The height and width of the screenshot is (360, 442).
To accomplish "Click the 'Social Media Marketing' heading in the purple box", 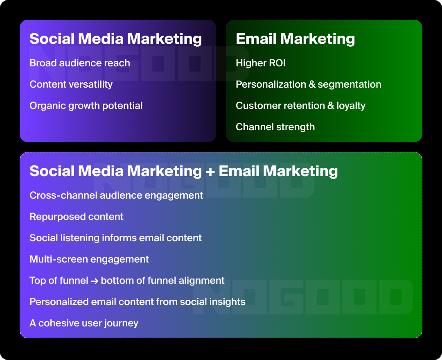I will pos(115,39).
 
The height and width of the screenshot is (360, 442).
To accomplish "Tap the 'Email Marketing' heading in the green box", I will pos(295,39).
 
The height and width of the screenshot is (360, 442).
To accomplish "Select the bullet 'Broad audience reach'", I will pos(80,63).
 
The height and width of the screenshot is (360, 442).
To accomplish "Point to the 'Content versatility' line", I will pos(71,84).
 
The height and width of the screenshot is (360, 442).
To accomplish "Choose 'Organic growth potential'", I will pos(86,106).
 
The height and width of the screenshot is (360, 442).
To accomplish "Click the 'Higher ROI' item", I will pos(261,63).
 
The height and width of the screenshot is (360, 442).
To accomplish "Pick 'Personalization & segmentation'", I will pos(308,84).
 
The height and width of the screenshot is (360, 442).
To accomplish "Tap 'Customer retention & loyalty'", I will pos(300,106).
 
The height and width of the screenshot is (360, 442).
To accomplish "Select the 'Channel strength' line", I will pos(275,127).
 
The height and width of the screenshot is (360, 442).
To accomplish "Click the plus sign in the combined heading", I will pos(210,172).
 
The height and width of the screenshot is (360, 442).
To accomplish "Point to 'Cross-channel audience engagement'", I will pos(116,195).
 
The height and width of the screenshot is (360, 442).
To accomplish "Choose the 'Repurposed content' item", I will pos(77,217).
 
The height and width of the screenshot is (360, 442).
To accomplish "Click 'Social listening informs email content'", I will pos(115,238).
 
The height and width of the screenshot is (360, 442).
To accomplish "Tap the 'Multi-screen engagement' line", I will pos(89,259).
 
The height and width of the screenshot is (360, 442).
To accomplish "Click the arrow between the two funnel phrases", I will pos(95,281).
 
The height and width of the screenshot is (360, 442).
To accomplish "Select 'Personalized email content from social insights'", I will pos(137,302).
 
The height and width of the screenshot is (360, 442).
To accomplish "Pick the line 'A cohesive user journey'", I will pos(84,323).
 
